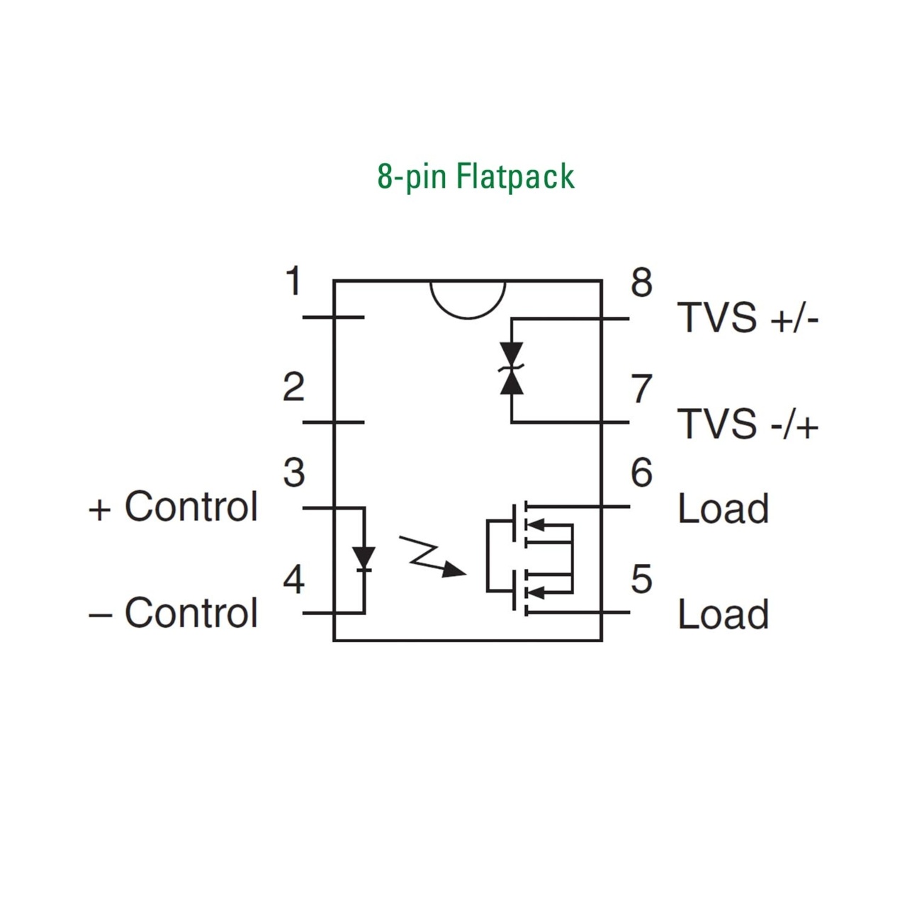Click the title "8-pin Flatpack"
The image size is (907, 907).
[x=476, y=176]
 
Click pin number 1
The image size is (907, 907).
[x=293, y=281]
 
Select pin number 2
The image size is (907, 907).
[x=293, y=387]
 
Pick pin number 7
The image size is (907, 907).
[x=641, y=389]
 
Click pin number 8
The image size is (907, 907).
[x=641, y=283]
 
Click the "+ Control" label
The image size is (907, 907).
[x=173, y=507]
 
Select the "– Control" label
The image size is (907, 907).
[x=173, y=613]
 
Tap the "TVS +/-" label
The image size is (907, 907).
[x=748, y=317]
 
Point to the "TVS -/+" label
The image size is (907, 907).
[x=748, y=424]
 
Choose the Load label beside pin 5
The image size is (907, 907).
[x=723, y=614]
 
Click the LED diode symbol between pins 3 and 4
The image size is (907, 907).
[x=364, y=558]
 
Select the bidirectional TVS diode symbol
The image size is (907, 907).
[x=512, y=368]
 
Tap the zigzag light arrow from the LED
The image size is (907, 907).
[x=432, y=556]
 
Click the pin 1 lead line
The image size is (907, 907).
[x=333, y=317]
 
